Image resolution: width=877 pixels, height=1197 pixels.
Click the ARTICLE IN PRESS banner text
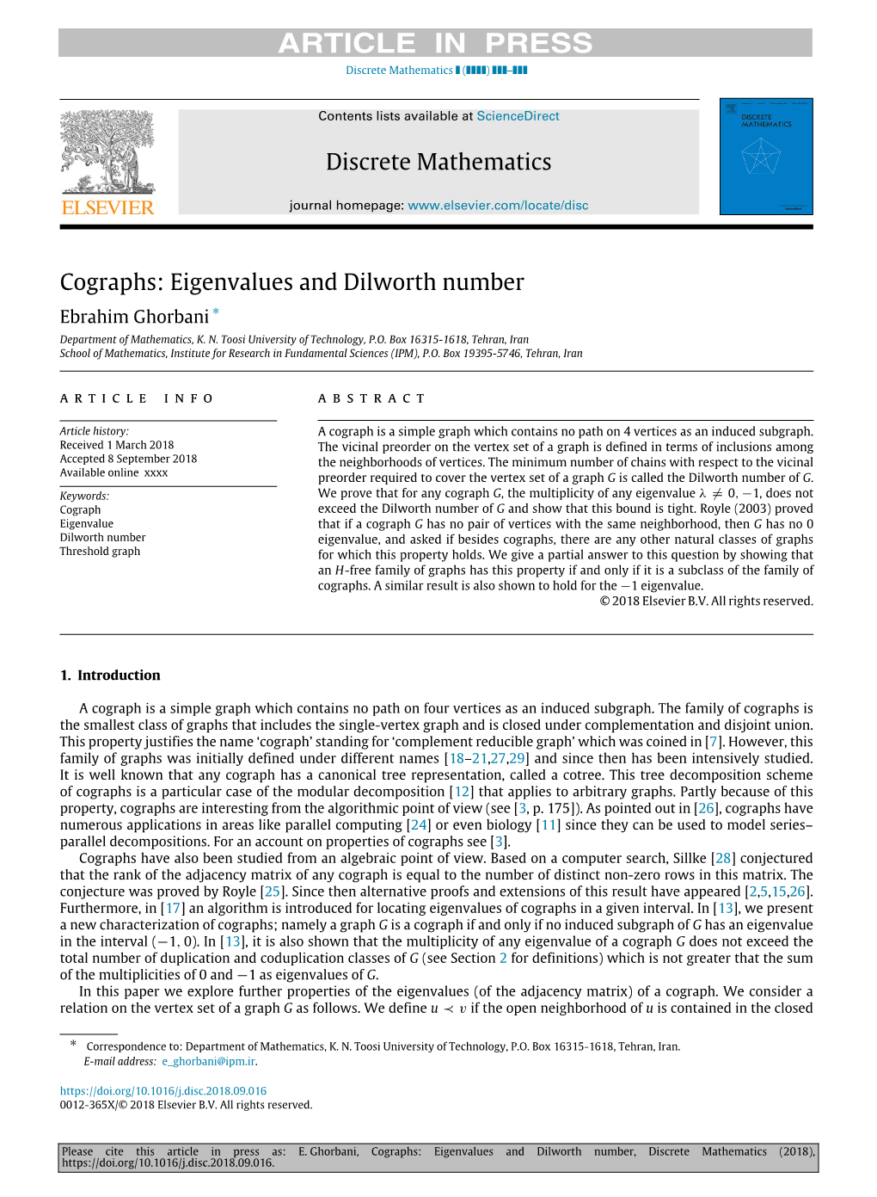tap(435, 43)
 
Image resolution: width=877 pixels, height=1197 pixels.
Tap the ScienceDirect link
tap(518, 116)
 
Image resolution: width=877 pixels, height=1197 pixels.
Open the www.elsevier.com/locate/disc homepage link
tap(498, 206)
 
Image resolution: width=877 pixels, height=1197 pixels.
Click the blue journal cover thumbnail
tap(765, 157)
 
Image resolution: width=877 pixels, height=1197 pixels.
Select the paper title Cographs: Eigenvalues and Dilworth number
tap(291, 282)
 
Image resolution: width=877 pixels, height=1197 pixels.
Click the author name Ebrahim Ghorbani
tap(134, 317)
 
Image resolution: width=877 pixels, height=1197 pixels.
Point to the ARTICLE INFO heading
tap(137, 398)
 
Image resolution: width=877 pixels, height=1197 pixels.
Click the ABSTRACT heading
tap(371, 398)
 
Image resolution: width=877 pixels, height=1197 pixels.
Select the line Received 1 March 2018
tap(117, 445)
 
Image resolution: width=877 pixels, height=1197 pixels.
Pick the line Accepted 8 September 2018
tap(128, 459)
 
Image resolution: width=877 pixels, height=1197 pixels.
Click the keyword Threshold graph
tap(100, 552)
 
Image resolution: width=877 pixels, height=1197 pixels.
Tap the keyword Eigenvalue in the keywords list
tap(86, 524)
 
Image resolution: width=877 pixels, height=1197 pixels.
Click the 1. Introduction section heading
tap(110, 676)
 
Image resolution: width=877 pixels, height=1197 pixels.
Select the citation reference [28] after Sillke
tap(723, 858)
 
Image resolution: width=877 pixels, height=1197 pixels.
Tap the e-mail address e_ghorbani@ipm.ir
tap(209, 1062)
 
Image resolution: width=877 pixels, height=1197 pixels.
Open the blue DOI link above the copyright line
tap(163, 1091)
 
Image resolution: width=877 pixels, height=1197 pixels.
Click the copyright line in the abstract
tap(706, 602)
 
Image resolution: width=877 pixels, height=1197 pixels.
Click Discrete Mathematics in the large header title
tap(438, 162)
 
